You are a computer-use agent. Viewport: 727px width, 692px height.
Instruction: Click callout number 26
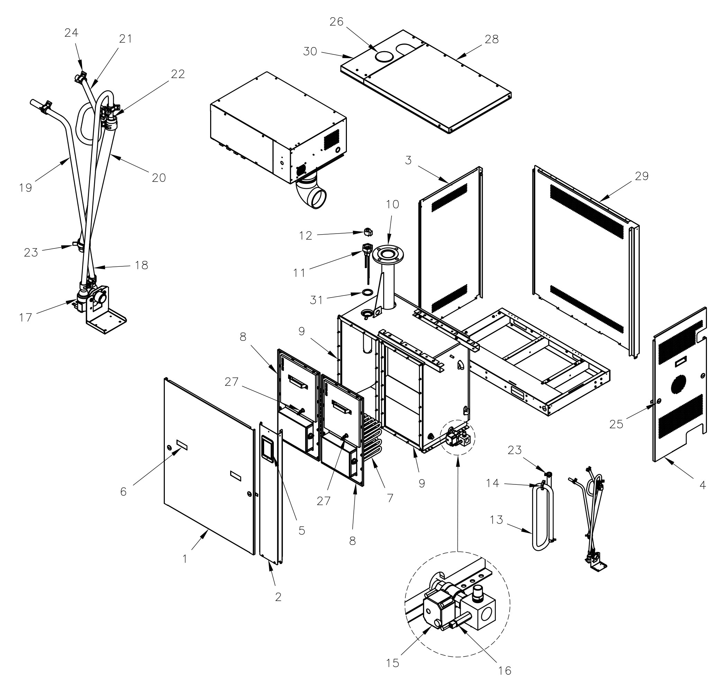click(x=336, y=22)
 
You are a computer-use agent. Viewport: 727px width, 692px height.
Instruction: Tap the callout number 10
click(x=393, y=204)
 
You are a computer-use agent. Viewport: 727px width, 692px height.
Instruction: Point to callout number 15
click(x=393, y=663)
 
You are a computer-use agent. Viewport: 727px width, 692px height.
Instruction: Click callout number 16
click(x=504, y=670)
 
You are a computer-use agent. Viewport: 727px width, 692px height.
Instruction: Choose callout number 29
click(x=642, y=176)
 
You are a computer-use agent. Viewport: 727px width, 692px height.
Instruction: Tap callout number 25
click(x=616, y=424)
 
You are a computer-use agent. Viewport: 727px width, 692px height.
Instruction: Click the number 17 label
click(x=26, y=317)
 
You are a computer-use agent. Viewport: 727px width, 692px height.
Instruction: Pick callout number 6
click(x=123, y=491)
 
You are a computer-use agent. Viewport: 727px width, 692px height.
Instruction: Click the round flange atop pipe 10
click(x=387, y=254)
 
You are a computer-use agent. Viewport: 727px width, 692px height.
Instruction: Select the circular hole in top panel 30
click(x=385, y=56)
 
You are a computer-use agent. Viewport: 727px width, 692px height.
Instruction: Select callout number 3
click(x=408, y=161)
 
